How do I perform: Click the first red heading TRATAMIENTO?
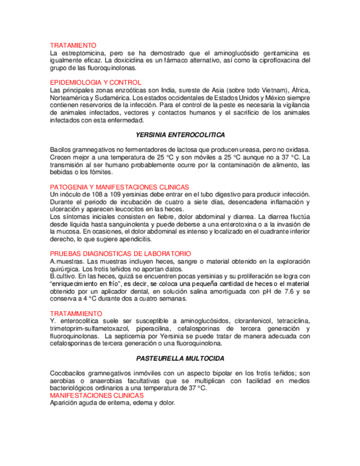pos(73,45)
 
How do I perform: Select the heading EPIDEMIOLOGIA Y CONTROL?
pos(96,82)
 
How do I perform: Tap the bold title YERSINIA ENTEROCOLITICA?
pos(180,135)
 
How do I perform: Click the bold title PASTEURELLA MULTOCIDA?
pos(180,358)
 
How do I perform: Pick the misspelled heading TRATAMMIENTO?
pos(76,313)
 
